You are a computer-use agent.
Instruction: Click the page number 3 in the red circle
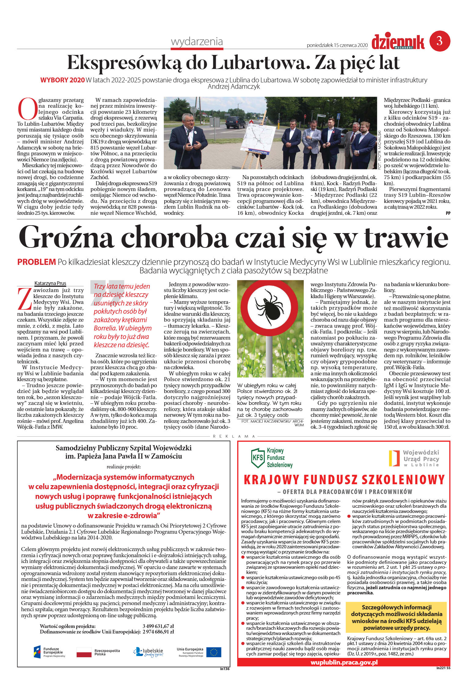440,41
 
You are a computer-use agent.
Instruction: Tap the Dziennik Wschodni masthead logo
398,42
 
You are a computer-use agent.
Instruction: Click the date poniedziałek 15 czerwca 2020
337,45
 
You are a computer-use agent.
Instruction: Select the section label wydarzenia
197,41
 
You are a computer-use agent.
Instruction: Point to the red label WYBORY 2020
62,80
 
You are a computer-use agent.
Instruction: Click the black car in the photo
235,122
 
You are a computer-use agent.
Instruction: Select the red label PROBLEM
36,262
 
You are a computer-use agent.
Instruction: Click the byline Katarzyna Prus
50,283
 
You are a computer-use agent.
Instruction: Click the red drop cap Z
24,299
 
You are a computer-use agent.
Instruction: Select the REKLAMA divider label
234,436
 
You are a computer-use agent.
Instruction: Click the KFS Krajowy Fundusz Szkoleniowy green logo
271,458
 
